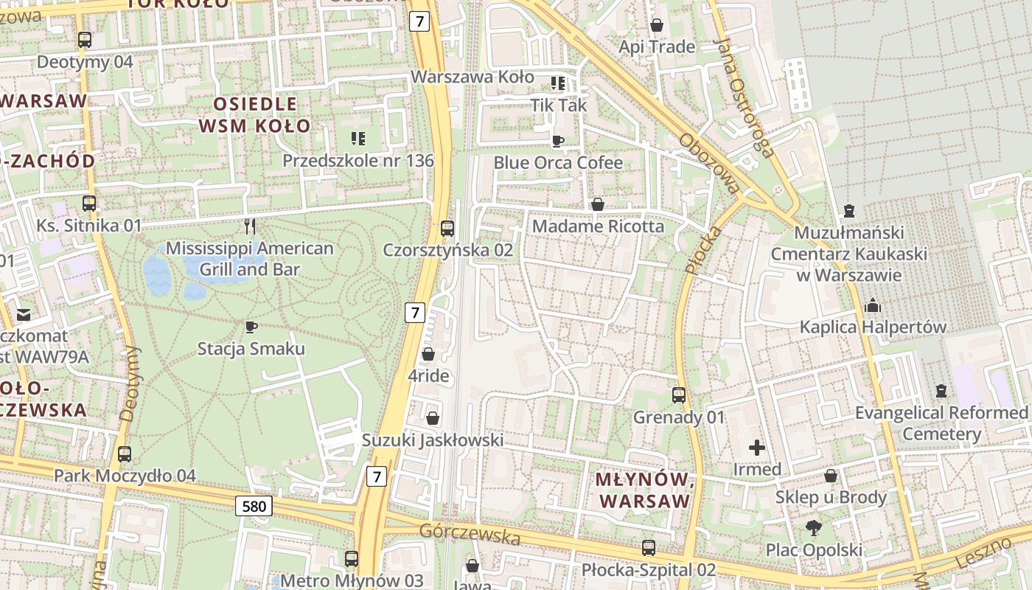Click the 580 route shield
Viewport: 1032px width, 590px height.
(254, 506)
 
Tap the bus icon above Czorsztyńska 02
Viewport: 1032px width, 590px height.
(447, 229)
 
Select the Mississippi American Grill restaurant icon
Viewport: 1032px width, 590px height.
(250, 226)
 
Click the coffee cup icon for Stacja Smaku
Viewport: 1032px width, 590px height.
(251, 327)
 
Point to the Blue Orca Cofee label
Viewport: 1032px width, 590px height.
(558, 162)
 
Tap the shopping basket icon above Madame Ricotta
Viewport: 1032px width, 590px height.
(598, 204)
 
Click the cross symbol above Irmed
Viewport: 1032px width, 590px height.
(757, 448)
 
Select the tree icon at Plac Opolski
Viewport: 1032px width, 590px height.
(814, 528)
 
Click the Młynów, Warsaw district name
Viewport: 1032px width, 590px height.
(644, 490)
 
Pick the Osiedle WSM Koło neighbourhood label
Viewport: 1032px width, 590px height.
(255, 114)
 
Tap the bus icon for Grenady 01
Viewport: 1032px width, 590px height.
(679, 395)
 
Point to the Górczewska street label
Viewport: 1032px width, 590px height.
(470, 535)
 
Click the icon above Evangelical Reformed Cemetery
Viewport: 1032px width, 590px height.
(941, 391)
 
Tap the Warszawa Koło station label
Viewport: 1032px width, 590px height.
(472, 77)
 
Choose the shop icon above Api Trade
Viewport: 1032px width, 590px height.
(657, 26)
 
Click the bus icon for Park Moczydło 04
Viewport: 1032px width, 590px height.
(125, 454)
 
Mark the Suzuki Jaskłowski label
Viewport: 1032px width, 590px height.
(433, 440)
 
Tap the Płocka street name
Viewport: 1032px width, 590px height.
(694, 251)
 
